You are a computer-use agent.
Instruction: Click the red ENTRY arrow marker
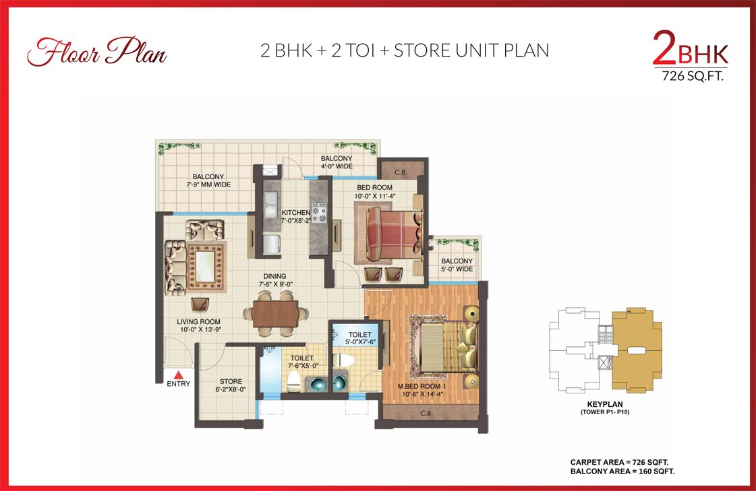179,375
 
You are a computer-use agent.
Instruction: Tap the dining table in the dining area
275,314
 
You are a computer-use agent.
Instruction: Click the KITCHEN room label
295,212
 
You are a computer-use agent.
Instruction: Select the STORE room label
231,381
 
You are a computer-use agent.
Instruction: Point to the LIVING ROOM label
198,321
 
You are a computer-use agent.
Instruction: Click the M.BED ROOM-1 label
422,386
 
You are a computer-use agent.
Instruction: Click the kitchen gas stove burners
319,214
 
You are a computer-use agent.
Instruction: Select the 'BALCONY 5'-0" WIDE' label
457,265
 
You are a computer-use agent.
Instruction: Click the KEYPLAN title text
605,404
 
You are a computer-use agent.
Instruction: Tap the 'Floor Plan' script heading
97,51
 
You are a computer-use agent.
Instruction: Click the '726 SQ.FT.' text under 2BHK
693,76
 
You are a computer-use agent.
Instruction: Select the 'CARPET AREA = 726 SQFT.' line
619,462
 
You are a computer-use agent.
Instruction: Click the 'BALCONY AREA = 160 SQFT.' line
622,471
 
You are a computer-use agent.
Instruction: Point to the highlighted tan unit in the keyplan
635,350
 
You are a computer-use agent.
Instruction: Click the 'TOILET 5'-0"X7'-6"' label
360,338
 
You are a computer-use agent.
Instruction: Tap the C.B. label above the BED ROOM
401,172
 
